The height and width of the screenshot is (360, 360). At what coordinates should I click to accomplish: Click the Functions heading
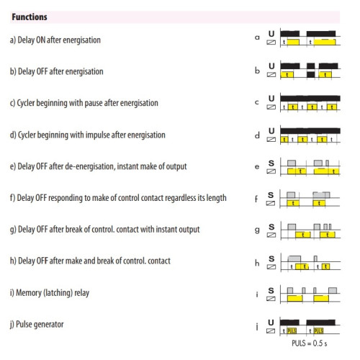[30, 17]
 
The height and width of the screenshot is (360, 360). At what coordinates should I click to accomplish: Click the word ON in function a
[40, 40]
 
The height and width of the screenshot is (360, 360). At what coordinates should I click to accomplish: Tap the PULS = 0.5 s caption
[309, 343]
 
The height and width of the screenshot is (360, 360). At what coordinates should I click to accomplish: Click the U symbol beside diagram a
[271, 34]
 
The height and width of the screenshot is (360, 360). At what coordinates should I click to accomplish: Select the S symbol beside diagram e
[271, 163]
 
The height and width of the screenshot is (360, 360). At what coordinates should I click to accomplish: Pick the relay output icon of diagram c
[271, 107]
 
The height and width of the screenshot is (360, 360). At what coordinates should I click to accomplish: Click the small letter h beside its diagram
[257, 263]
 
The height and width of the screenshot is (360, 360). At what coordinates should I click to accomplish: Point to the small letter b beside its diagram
[257, 71]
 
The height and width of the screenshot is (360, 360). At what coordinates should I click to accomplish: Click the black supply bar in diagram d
[310, 131]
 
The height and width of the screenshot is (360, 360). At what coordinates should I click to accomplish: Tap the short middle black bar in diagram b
[310, 66]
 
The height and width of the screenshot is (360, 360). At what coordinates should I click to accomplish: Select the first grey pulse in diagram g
[292, 227]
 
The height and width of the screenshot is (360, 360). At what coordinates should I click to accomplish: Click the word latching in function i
[58, 293]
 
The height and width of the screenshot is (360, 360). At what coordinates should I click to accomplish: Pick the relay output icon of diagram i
[271, 299]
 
